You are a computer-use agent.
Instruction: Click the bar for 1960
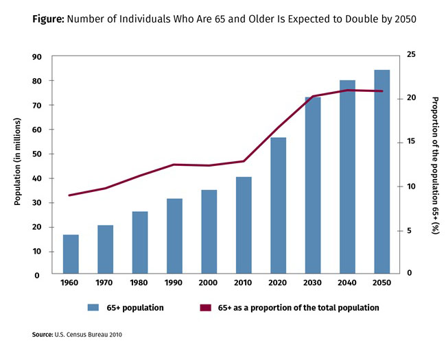pyautogui.click(x=71, y=254)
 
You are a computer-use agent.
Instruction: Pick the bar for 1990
pyautogui.click(x=174, y=237)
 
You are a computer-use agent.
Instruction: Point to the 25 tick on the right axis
pyautogui.click(x=410, y=53)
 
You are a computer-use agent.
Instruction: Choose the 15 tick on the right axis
pyautogui.click(x=410, y=141)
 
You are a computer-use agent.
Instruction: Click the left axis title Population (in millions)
pyautogui.click(x=19, y=162)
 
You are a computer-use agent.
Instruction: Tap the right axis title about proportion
pyautogui.click(x=434, y=165)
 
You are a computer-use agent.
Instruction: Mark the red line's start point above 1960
pyautogui.click(x=70, y=195)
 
